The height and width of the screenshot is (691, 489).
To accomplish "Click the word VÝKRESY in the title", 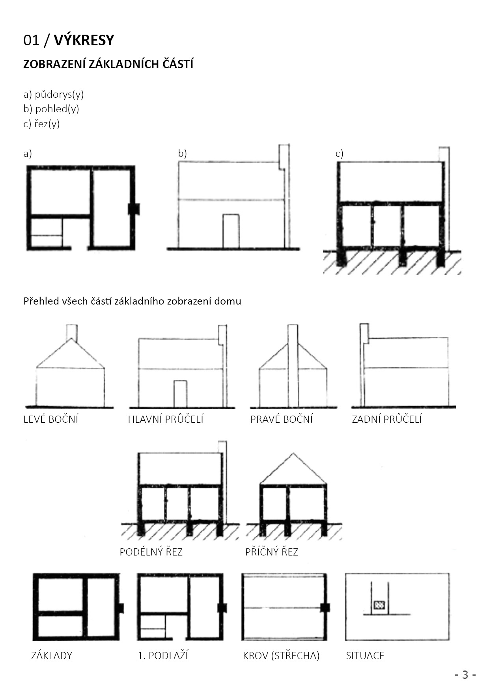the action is coord(84,40).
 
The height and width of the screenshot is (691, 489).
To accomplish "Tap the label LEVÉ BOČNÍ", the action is coord(51,419).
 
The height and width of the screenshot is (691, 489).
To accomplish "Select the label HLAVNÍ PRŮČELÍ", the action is coord(166,419).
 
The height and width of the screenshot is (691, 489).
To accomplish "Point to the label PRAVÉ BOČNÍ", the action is coord(281,419).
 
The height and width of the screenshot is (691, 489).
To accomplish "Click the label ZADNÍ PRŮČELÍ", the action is coord(386,419).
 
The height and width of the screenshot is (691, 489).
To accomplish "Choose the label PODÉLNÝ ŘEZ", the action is coord(151,552).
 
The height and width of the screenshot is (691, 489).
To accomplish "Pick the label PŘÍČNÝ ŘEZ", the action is coord(272,552).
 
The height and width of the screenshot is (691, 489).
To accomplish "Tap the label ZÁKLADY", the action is coord(52,656).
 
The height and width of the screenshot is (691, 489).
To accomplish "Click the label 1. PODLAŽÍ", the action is coord(162,656).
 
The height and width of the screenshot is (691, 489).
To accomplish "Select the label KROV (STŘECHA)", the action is coord(281,656).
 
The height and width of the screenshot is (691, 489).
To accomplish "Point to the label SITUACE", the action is coord(365,656).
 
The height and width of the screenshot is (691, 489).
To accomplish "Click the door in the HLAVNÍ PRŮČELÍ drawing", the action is coord(180,394).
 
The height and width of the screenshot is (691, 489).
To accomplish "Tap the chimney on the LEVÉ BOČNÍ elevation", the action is coord(71,332).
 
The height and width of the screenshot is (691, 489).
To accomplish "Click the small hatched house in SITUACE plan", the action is coord(379,605).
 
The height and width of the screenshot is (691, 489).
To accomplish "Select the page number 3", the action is coord(465,675).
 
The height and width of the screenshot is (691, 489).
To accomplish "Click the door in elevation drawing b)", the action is coord(231,231).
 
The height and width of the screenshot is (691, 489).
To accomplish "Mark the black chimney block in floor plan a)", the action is coord(134,209).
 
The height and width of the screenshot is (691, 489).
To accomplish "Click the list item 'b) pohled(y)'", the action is coord(51,109).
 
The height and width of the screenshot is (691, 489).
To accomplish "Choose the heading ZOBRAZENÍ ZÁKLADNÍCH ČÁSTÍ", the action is coord(108,64).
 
